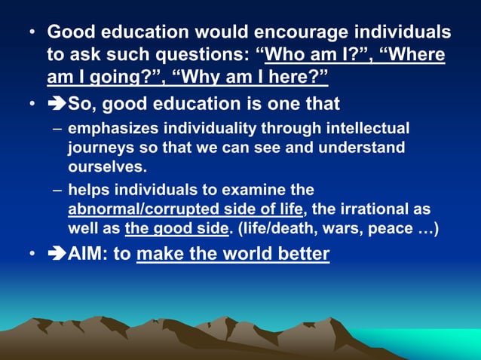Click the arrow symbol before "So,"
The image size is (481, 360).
(57, 104)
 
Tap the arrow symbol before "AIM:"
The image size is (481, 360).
(57, 254)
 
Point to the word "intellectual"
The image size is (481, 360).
(358, 128)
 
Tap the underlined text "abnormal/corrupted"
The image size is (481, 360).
(133, 209)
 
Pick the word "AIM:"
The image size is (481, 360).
(91, 254)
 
